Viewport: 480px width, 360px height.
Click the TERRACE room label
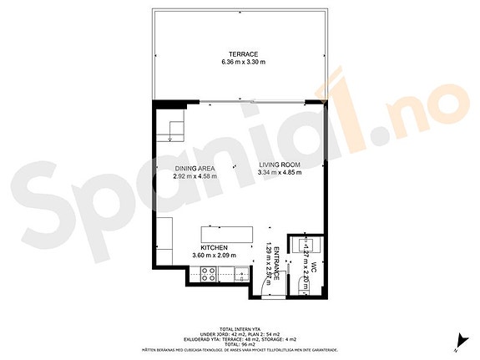point(240,53)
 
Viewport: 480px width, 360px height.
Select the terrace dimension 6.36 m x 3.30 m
point(240,63)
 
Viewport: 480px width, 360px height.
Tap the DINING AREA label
point(195,167)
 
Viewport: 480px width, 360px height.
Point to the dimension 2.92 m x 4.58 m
point(195,176)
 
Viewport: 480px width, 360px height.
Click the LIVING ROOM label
point(280,164)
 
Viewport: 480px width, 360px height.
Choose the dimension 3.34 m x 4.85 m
point(280,173)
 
